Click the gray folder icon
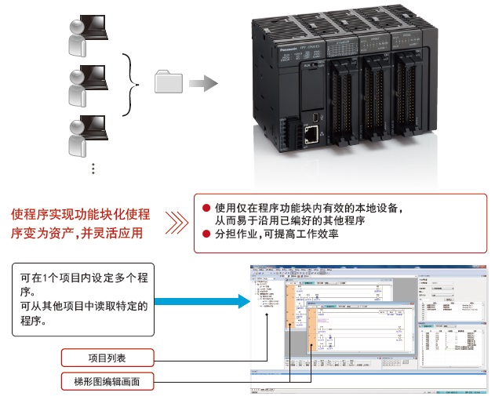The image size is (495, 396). click(x=169, y=82)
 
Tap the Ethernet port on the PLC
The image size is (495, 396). click(x=311, y=136)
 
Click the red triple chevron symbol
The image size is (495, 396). click(x=178, y=223)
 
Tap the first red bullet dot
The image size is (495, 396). click(x=206, y=209)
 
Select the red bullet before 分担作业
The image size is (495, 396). click(x=206, y=234)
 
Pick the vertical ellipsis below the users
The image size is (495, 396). click(x=93, y=169)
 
